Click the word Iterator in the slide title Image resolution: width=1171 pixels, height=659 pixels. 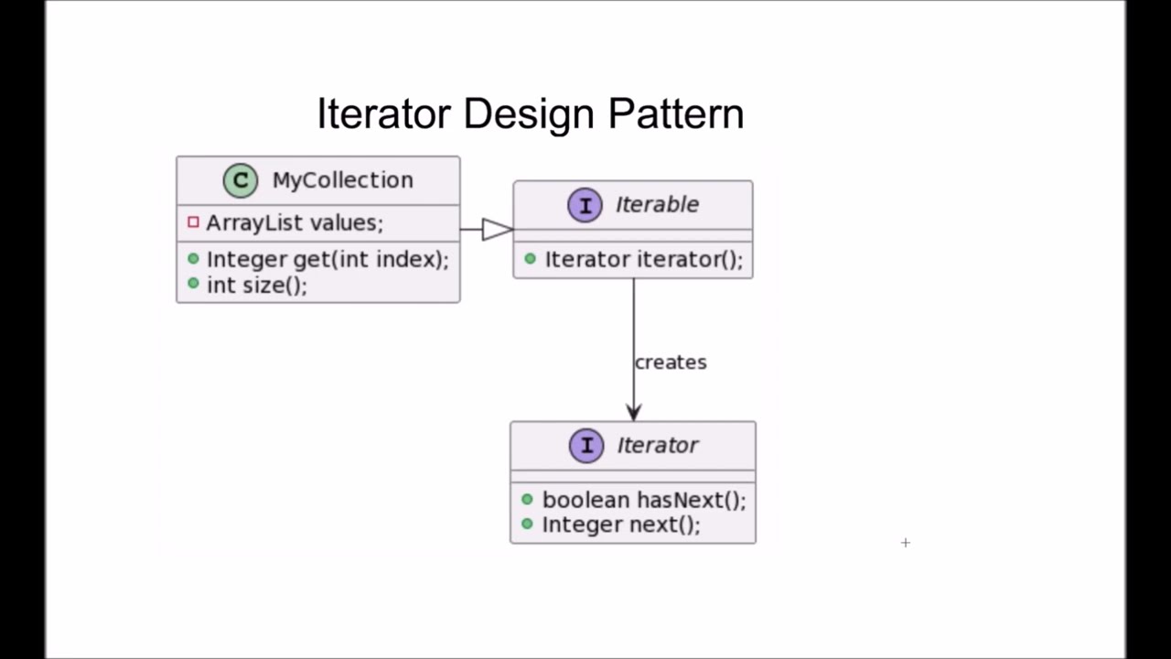[x=384, y=114]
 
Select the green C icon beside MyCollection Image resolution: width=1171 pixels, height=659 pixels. [x=241, y=180]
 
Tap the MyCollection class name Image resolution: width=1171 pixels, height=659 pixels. [x=342, y=180]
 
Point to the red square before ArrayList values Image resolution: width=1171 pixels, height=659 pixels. [x=193, y=222]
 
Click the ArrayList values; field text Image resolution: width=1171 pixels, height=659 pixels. [x=295, y=222]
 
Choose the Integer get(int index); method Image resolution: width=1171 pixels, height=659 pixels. [x=328, y=260]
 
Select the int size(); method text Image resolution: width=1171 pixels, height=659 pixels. [x=257, y=285]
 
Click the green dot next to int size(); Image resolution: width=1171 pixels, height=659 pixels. [x=193, y=284]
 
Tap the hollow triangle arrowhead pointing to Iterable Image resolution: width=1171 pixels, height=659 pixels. [x=497, y=230]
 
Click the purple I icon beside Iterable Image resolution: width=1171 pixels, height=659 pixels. [x=585, y=205]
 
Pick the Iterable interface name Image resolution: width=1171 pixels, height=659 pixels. [x=657, y=205]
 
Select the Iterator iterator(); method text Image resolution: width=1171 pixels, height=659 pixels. [x=644, y=260]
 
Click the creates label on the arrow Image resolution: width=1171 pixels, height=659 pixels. [x=671, y=362]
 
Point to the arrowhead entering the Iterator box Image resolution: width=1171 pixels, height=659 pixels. [x=633, y=413]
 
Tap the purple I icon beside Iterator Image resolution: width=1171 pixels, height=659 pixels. [x=586, y=446]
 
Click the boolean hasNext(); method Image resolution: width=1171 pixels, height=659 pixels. [x=644, y=500]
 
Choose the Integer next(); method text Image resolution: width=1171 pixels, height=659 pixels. [x=621, y=524]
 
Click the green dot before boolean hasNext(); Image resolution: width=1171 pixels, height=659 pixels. [x=527, y=499]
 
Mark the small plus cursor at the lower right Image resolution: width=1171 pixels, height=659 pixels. [x=906, y=543]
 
